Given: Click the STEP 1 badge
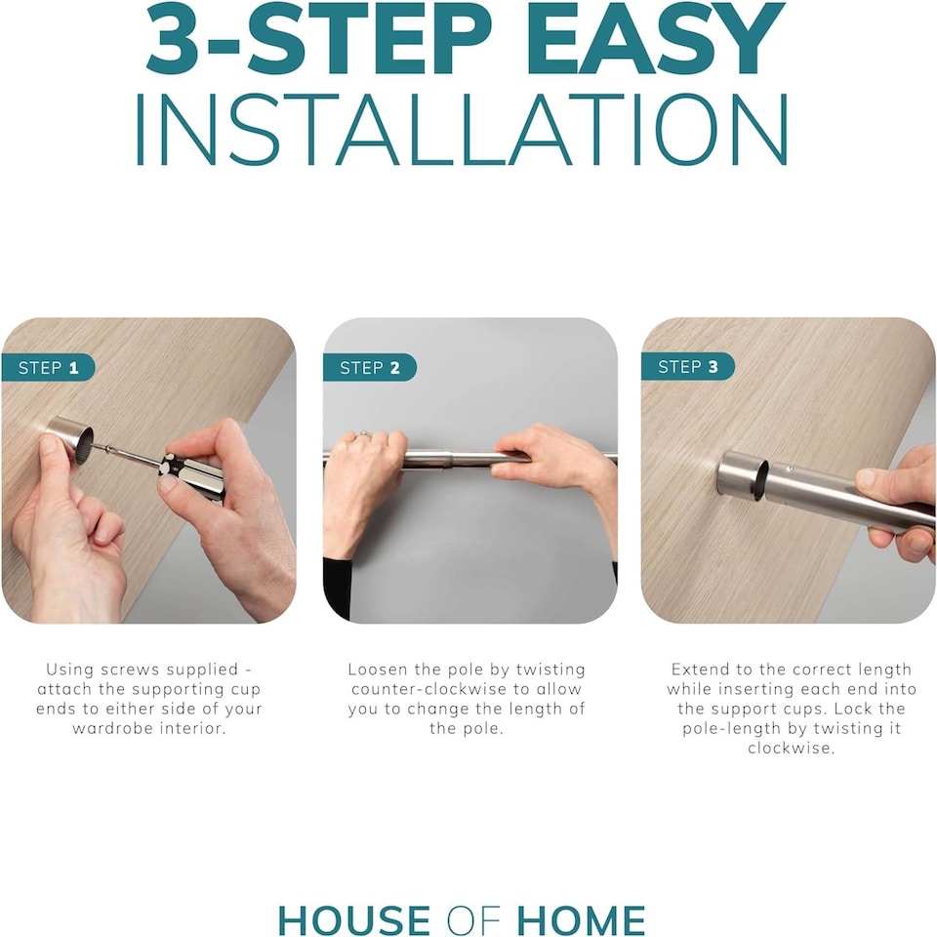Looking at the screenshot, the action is [x=48, y=368].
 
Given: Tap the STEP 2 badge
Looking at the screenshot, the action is [x=369, y=368].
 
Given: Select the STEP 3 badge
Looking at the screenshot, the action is [x=687, y=366].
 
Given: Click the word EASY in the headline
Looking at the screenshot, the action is [x=656, y=40].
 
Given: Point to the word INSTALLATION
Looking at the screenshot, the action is [x=462, y=130].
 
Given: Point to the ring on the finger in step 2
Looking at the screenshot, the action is [x=363, y=433].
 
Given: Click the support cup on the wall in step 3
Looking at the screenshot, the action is [x=741, y=475].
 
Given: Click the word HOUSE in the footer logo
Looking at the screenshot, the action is [x=353, y=919].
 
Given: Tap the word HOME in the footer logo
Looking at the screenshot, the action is [x=581, y=919].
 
